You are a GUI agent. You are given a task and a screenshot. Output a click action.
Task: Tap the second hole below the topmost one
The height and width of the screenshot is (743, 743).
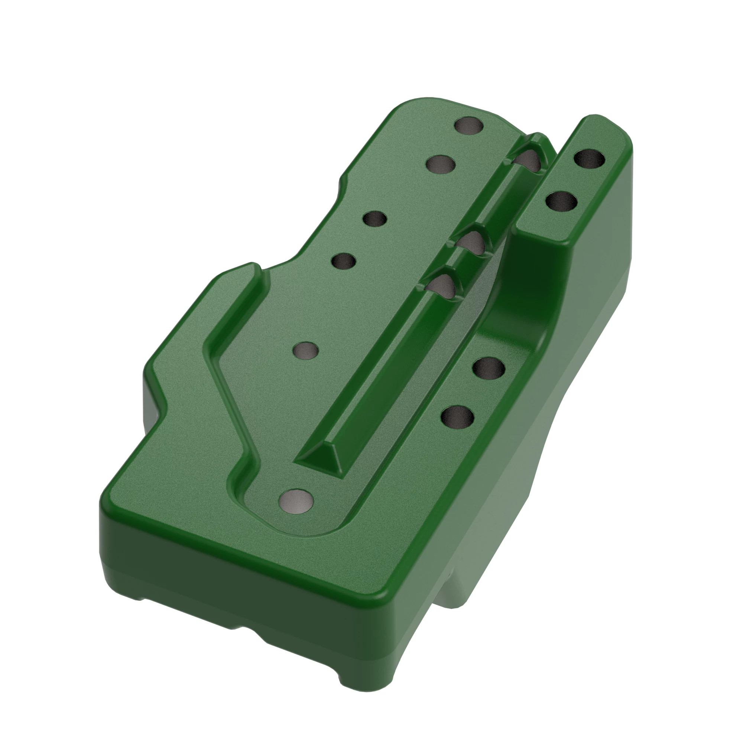[x=441, y=165]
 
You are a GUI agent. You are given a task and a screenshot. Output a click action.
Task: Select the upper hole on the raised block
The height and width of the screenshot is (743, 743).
[x=589, y=159]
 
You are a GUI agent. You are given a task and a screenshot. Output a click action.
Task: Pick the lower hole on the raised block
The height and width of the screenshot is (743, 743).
[x=561, y=200]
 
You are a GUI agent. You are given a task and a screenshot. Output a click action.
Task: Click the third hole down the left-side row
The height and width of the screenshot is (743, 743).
[x=374, y=220]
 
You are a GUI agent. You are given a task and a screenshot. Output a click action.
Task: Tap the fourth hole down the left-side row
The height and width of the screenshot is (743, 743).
[x=343, y=262]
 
